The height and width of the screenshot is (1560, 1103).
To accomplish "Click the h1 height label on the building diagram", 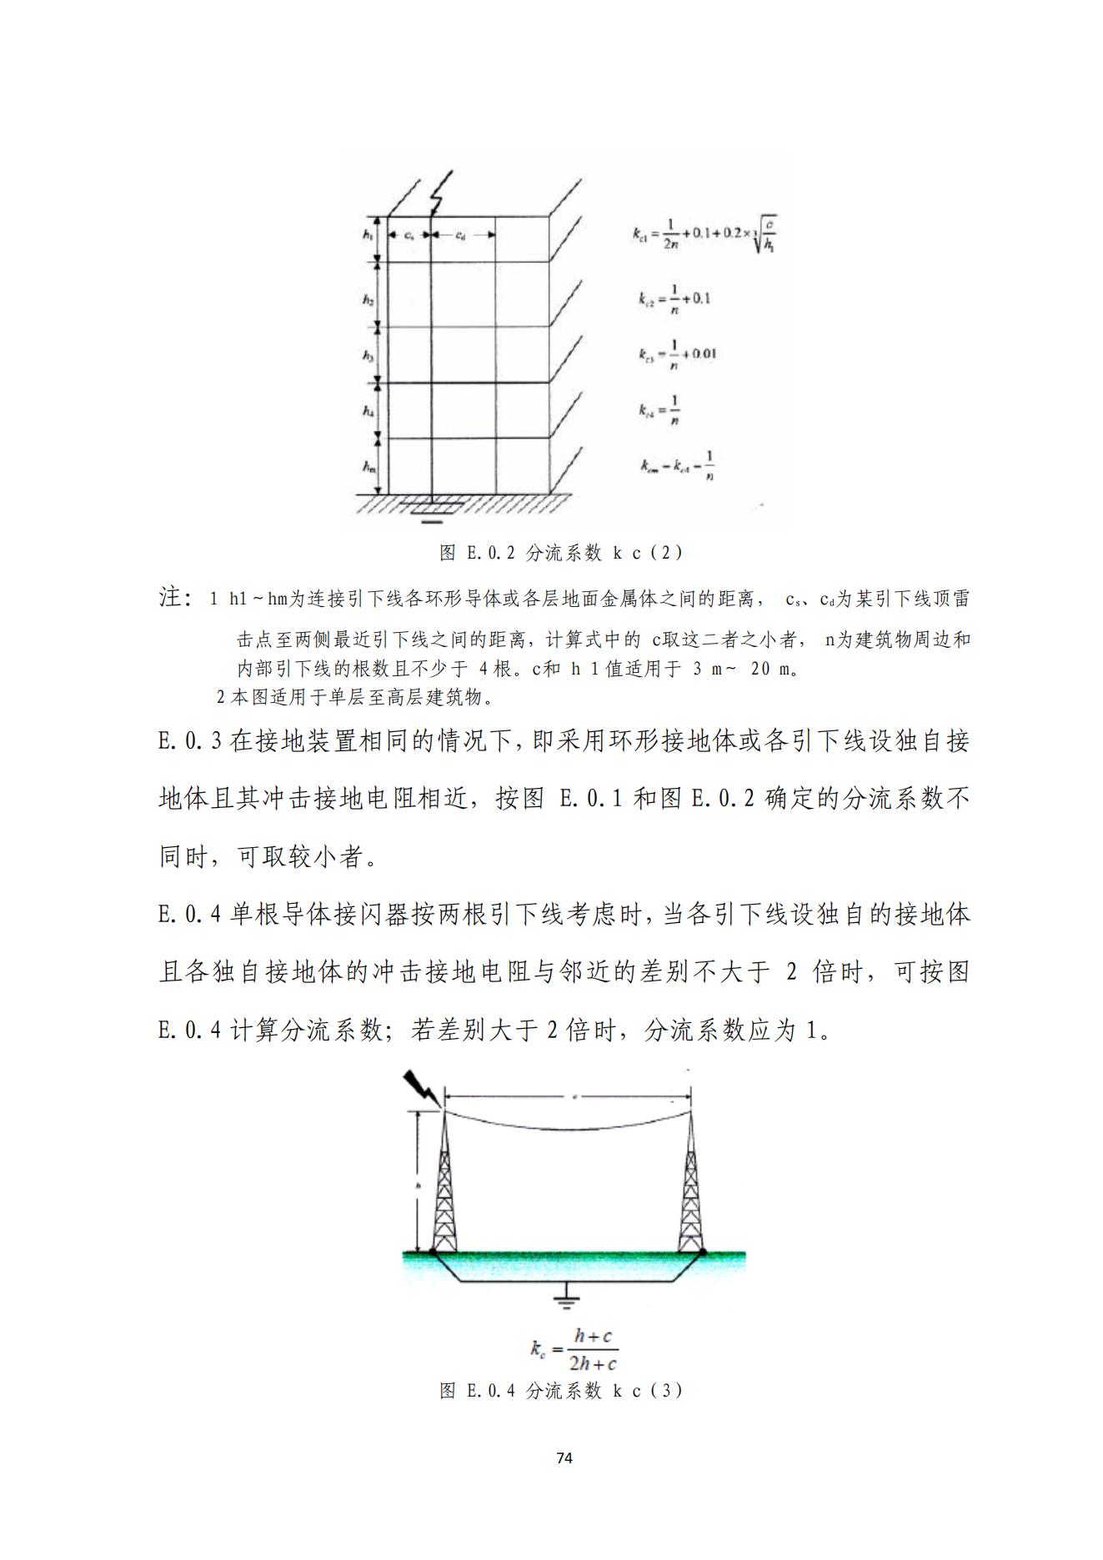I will click(x=367, y=235).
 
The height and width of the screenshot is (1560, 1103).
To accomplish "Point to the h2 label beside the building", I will click(x=368, y=298).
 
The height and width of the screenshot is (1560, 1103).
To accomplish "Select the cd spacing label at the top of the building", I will click(x=460, y=235).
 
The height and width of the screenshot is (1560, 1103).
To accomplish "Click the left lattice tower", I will click(x=444, y=1184).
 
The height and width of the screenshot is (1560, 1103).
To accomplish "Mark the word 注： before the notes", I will click(x=176, y=598).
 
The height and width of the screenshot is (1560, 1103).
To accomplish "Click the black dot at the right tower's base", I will click(x=704, y=1252).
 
